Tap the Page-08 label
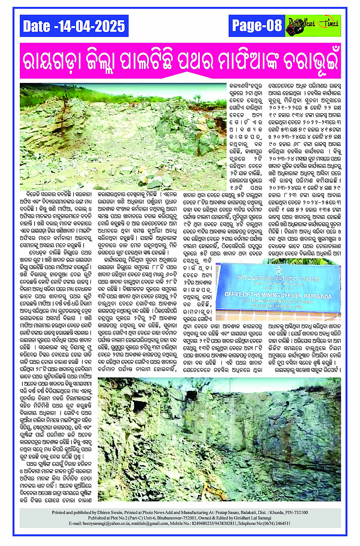[256, 26]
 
